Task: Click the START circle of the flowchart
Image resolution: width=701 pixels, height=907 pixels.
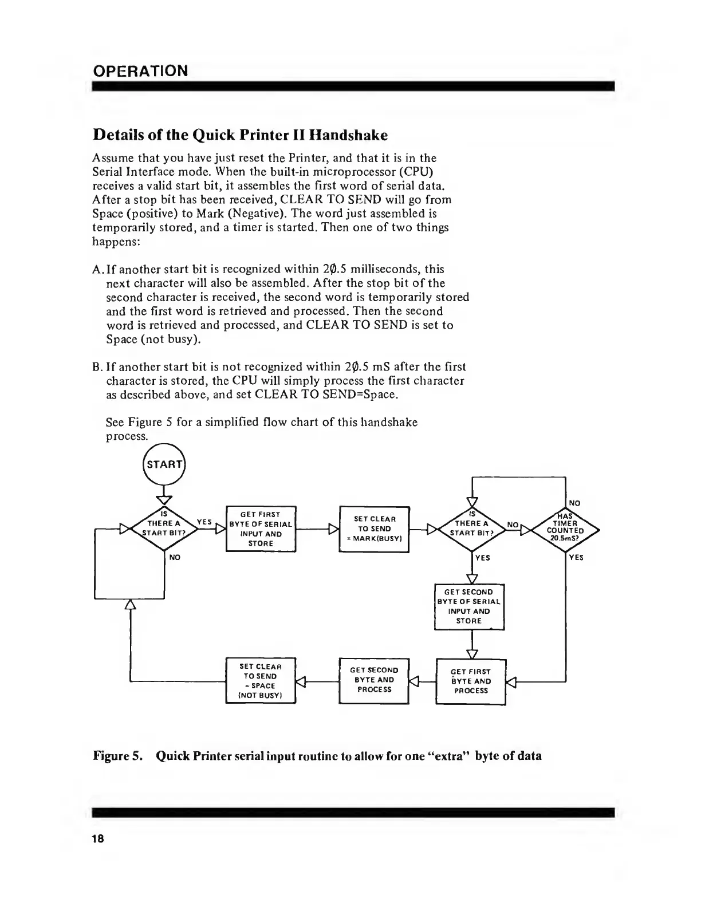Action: click(164, 464)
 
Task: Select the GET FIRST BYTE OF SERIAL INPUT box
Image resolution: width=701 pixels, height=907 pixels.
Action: click(261, 529)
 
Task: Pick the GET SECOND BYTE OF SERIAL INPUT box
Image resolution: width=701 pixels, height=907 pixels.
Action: click(469, 606)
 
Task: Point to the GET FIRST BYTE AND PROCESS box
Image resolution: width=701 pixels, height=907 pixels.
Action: click(471, 681)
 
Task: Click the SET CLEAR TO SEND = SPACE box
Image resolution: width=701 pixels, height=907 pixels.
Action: click(261, 681)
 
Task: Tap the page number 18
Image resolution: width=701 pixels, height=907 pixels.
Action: click(97, 839)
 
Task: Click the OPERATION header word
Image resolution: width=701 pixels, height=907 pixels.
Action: click(140, 71)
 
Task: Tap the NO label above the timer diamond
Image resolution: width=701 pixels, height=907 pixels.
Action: click(575, 503)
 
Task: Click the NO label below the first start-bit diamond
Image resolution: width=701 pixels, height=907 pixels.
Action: click(175, 557)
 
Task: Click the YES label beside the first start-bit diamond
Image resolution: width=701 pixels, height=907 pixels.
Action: click(204, 522)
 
